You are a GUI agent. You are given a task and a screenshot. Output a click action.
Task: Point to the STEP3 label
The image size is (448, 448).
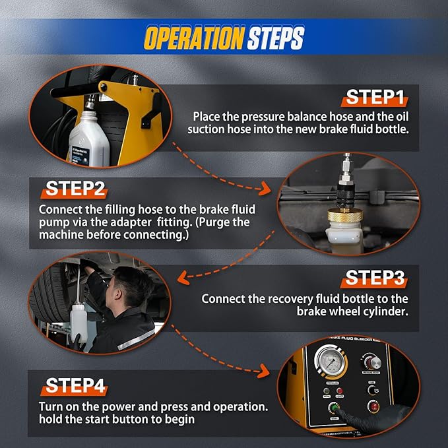pos(374,277)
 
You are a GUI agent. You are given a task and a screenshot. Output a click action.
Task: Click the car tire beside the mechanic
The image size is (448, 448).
pos(49,297)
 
